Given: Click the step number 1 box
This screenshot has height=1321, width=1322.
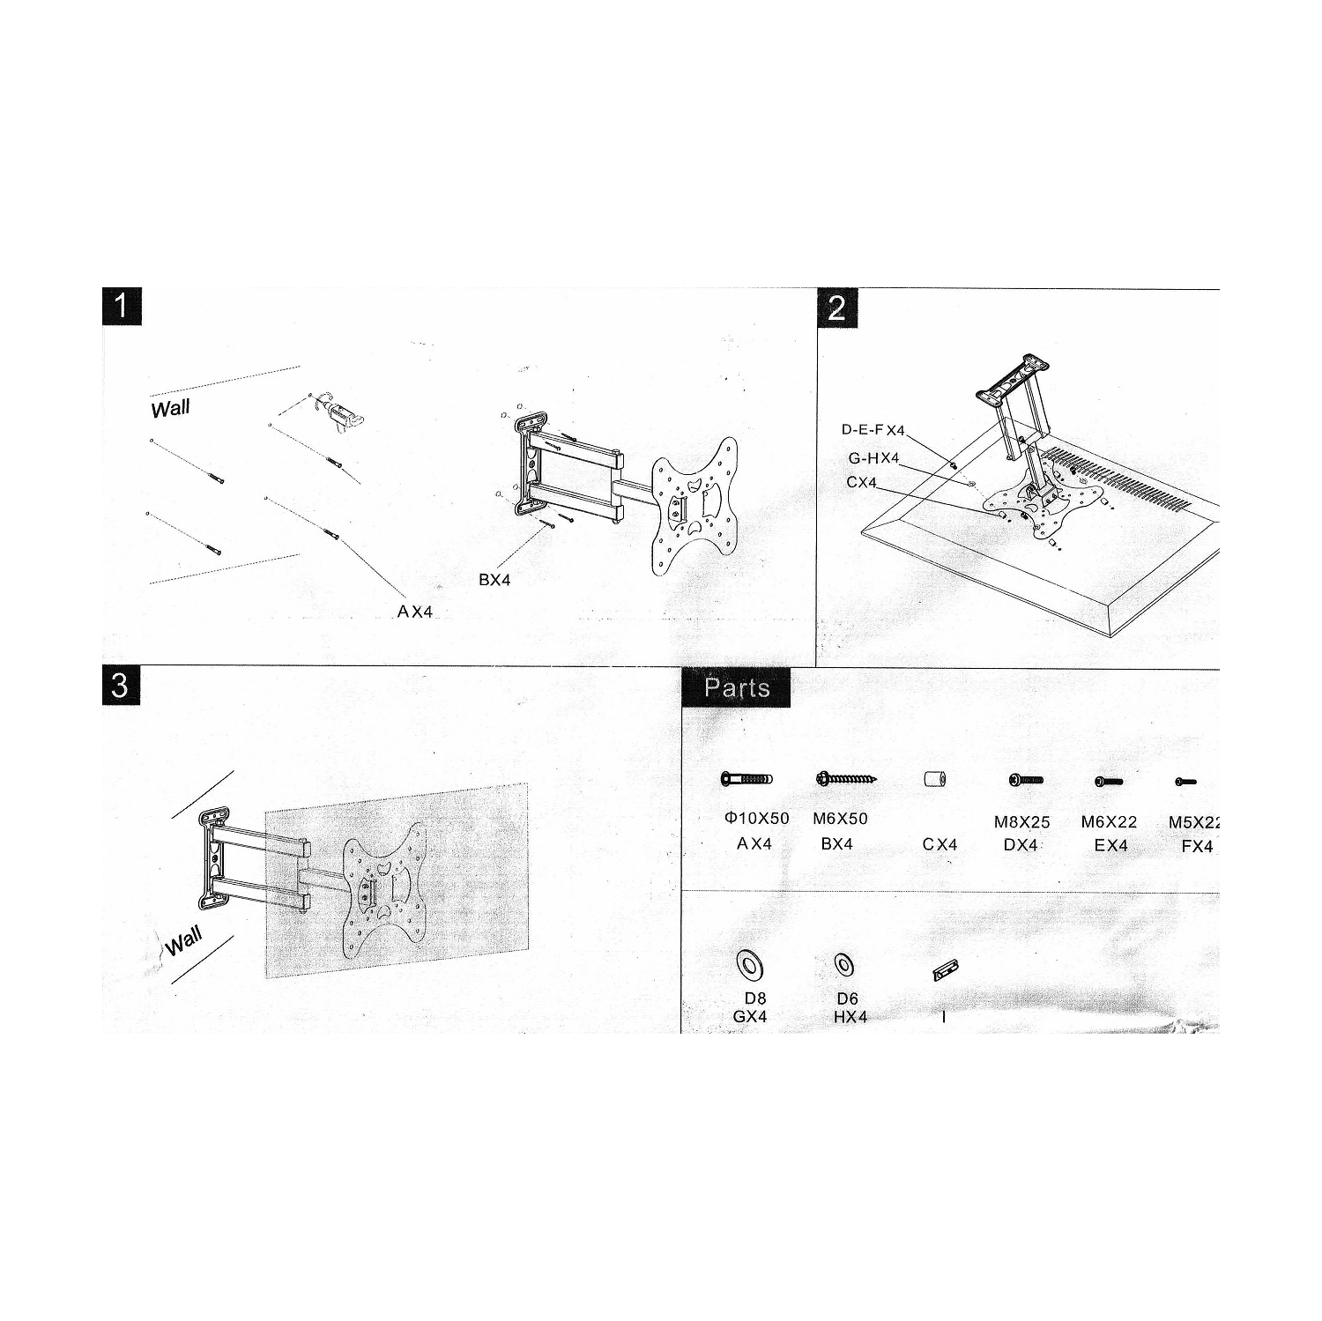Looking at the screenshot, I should (x=122, y=308).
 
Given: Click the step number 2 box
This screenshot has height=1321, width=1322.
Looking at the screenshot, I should (x=837, y=308).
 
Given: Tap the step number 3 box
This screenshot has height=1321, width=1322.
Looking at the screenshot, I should (x=121, y=686).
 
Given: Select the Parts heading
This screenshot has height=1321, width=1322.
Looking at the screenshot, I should (x=737, y=687).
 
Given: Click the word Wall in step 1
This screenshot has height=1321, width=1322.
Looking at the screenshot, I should (x=170, y=409).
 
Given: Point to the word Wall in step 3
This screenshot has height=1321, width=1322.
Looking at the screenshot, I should (x=183, y=942).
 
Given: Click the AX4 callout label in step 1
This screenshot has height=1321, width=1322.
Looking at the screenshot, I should (x=415, y=612).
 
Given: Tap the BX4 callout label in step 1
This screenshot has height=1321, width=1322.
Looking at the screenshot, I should (x=494, y=580).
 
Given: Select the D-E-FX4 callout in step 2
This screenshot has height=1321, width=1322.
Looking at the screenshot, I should (x=873, y=430).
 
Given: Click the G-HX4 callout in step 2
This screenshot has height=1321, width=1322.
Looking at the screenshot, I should (x=873, y=458).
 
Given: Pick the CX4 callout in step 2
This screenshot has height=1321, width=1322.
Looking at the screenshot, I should (x=861, y=483).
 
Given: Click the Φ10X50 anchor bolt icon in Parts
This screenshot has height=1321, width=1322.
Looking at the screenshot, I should (x=746, y=780).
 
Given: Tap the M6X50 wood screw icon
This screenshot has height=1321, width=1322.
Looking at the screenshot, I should (x=846, y=779).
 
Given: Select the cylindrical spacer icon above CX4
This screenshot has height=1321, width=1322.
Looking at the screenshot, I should (x=934, y=780).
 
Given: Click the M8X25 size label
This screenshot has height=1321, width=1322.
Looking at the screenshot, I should (x=1021, y=822).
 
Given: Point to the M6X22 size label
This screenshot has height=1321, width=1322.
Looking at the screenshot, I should (x=1109, y=822).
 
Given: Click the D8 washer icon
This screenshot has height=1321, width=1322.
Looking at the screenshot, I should (x=750, y=965).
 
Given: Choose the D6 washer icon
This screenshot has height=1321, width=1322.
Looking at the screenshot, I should (x=843, y=965).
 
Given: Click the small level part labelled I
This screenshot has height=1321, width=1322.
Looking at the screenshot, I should (x=945, y=970).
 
